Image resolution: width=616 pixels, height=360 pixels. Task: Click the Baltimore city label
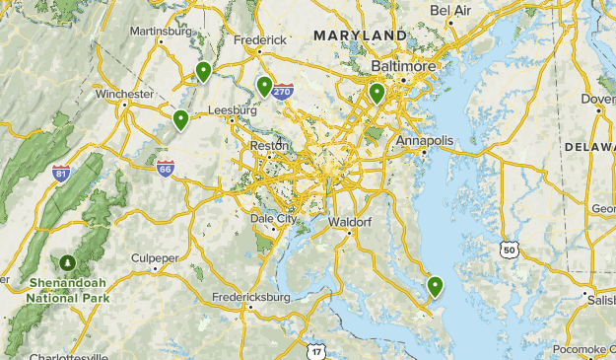point(403,66)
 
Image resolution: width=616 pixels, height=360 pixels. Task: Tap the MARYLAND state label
point(360,36)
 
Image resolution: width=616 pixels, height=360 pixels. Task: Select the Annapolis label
point(425,141)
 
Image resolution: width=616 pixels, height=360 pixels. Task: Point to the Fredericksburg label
point(251,296)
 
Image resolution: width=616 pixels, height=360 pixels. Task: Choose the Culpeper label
point(156,257)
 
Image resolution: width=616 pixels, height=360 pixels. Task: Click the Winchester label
point(124,95)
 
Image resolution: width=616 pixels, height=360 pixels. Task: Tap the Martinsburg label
point(162,31)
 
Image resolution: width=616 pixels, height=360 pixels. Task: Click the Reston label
point(270,145)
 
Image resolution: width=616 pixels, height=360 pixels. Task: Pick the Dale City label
point(273,218)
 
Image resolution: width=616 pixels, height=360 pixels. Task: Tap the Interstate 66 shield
point(165,169)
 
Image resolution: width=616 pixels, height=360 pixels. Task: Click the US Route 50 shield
point(509,251)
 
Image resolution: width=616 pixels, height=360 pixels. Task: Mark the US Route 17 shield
point(315,351)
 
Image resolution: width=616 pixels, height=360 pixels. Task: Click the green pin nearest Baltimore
point(376,94)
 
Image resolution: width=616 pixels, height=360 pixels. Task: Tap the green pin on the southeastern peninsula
point(435,287)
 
